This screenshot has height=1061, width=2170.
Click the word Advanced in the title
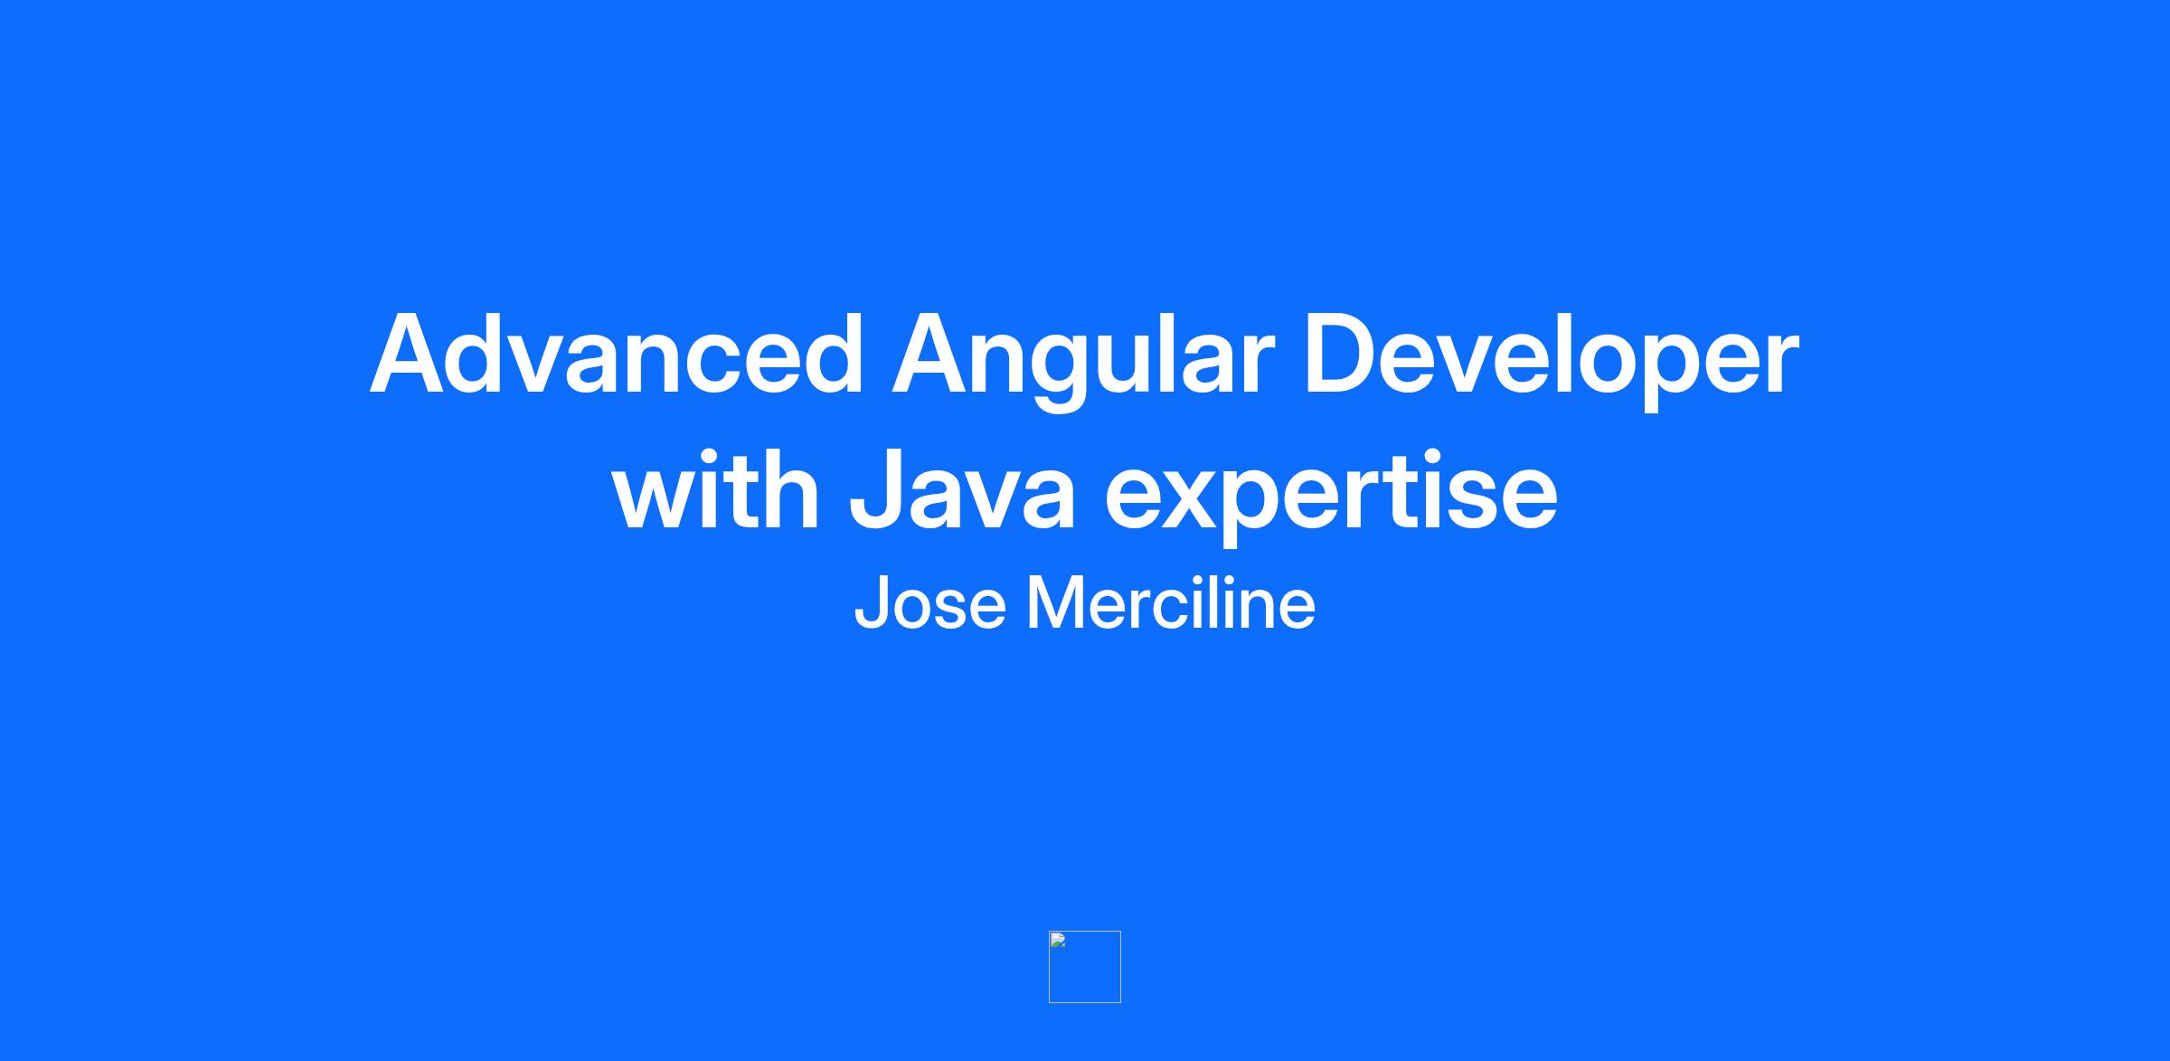(x=617, y=354)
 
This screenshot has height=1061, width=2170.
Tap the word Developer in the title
(x=1552, y=361)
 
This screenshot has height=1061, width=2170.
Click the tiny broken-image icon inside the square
(x=1058, y=940)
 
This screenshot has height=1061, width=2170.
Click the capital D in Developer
(x=1342, y=354)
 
